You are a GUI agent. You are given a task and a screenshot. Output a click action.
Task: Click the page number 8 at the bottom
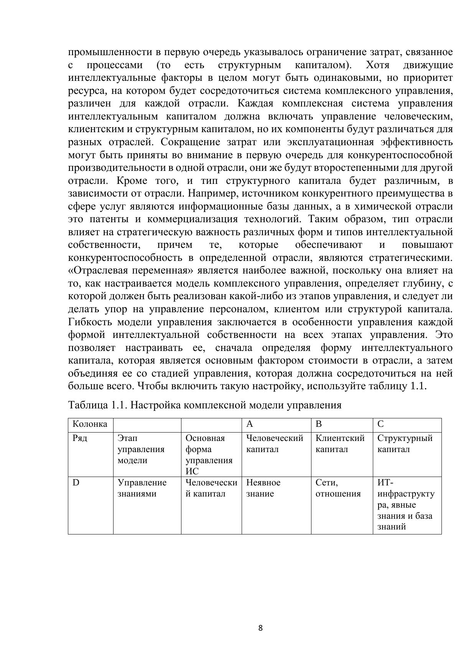[x=260, y=628]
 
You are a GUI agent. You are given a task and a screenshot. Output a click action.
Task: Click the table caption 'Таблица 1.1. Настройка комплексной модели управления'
[x=204, y=405]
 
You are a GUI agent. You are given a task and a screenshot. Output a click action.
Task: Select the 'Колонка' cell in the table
[x=90, y=424]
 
